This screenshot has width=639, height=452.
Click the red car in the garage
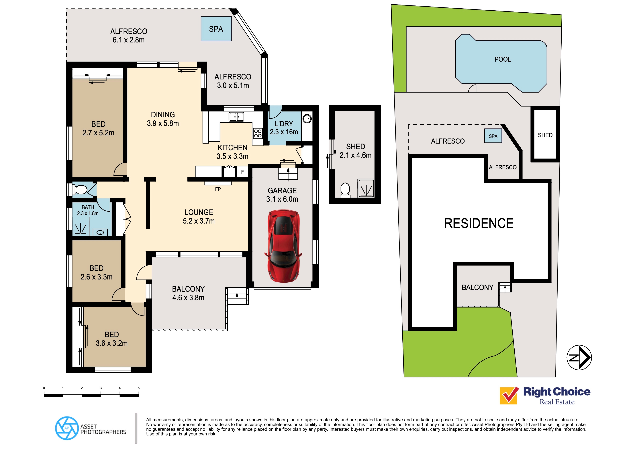283,246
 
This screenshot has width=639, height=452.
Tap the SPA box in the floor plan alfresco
216,29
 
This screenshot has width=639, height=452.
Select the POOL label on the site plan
502,59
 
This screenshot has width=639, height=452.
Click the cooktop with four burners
258,133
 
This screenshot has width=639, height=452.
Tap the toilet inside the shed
345,189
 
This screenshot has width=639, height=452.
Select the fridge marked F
242,172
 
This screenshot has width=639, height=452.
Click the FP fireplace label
218,189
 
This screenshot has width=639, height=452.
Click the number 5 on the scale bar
139,388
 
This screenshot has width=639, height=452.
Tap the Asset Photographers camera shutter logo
67,428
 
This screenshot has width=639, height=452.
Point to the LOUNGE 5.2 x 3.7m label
199,217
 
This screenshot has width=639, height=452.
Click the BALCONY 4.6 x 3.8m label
188,293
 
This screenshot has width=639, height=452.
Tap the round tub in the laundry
307,119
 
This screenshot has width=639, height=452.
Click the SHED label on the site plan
545,135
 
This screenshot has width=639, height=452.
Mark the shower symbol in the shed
366,188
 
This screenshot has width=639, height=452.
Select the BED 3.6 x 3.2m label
112,339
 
